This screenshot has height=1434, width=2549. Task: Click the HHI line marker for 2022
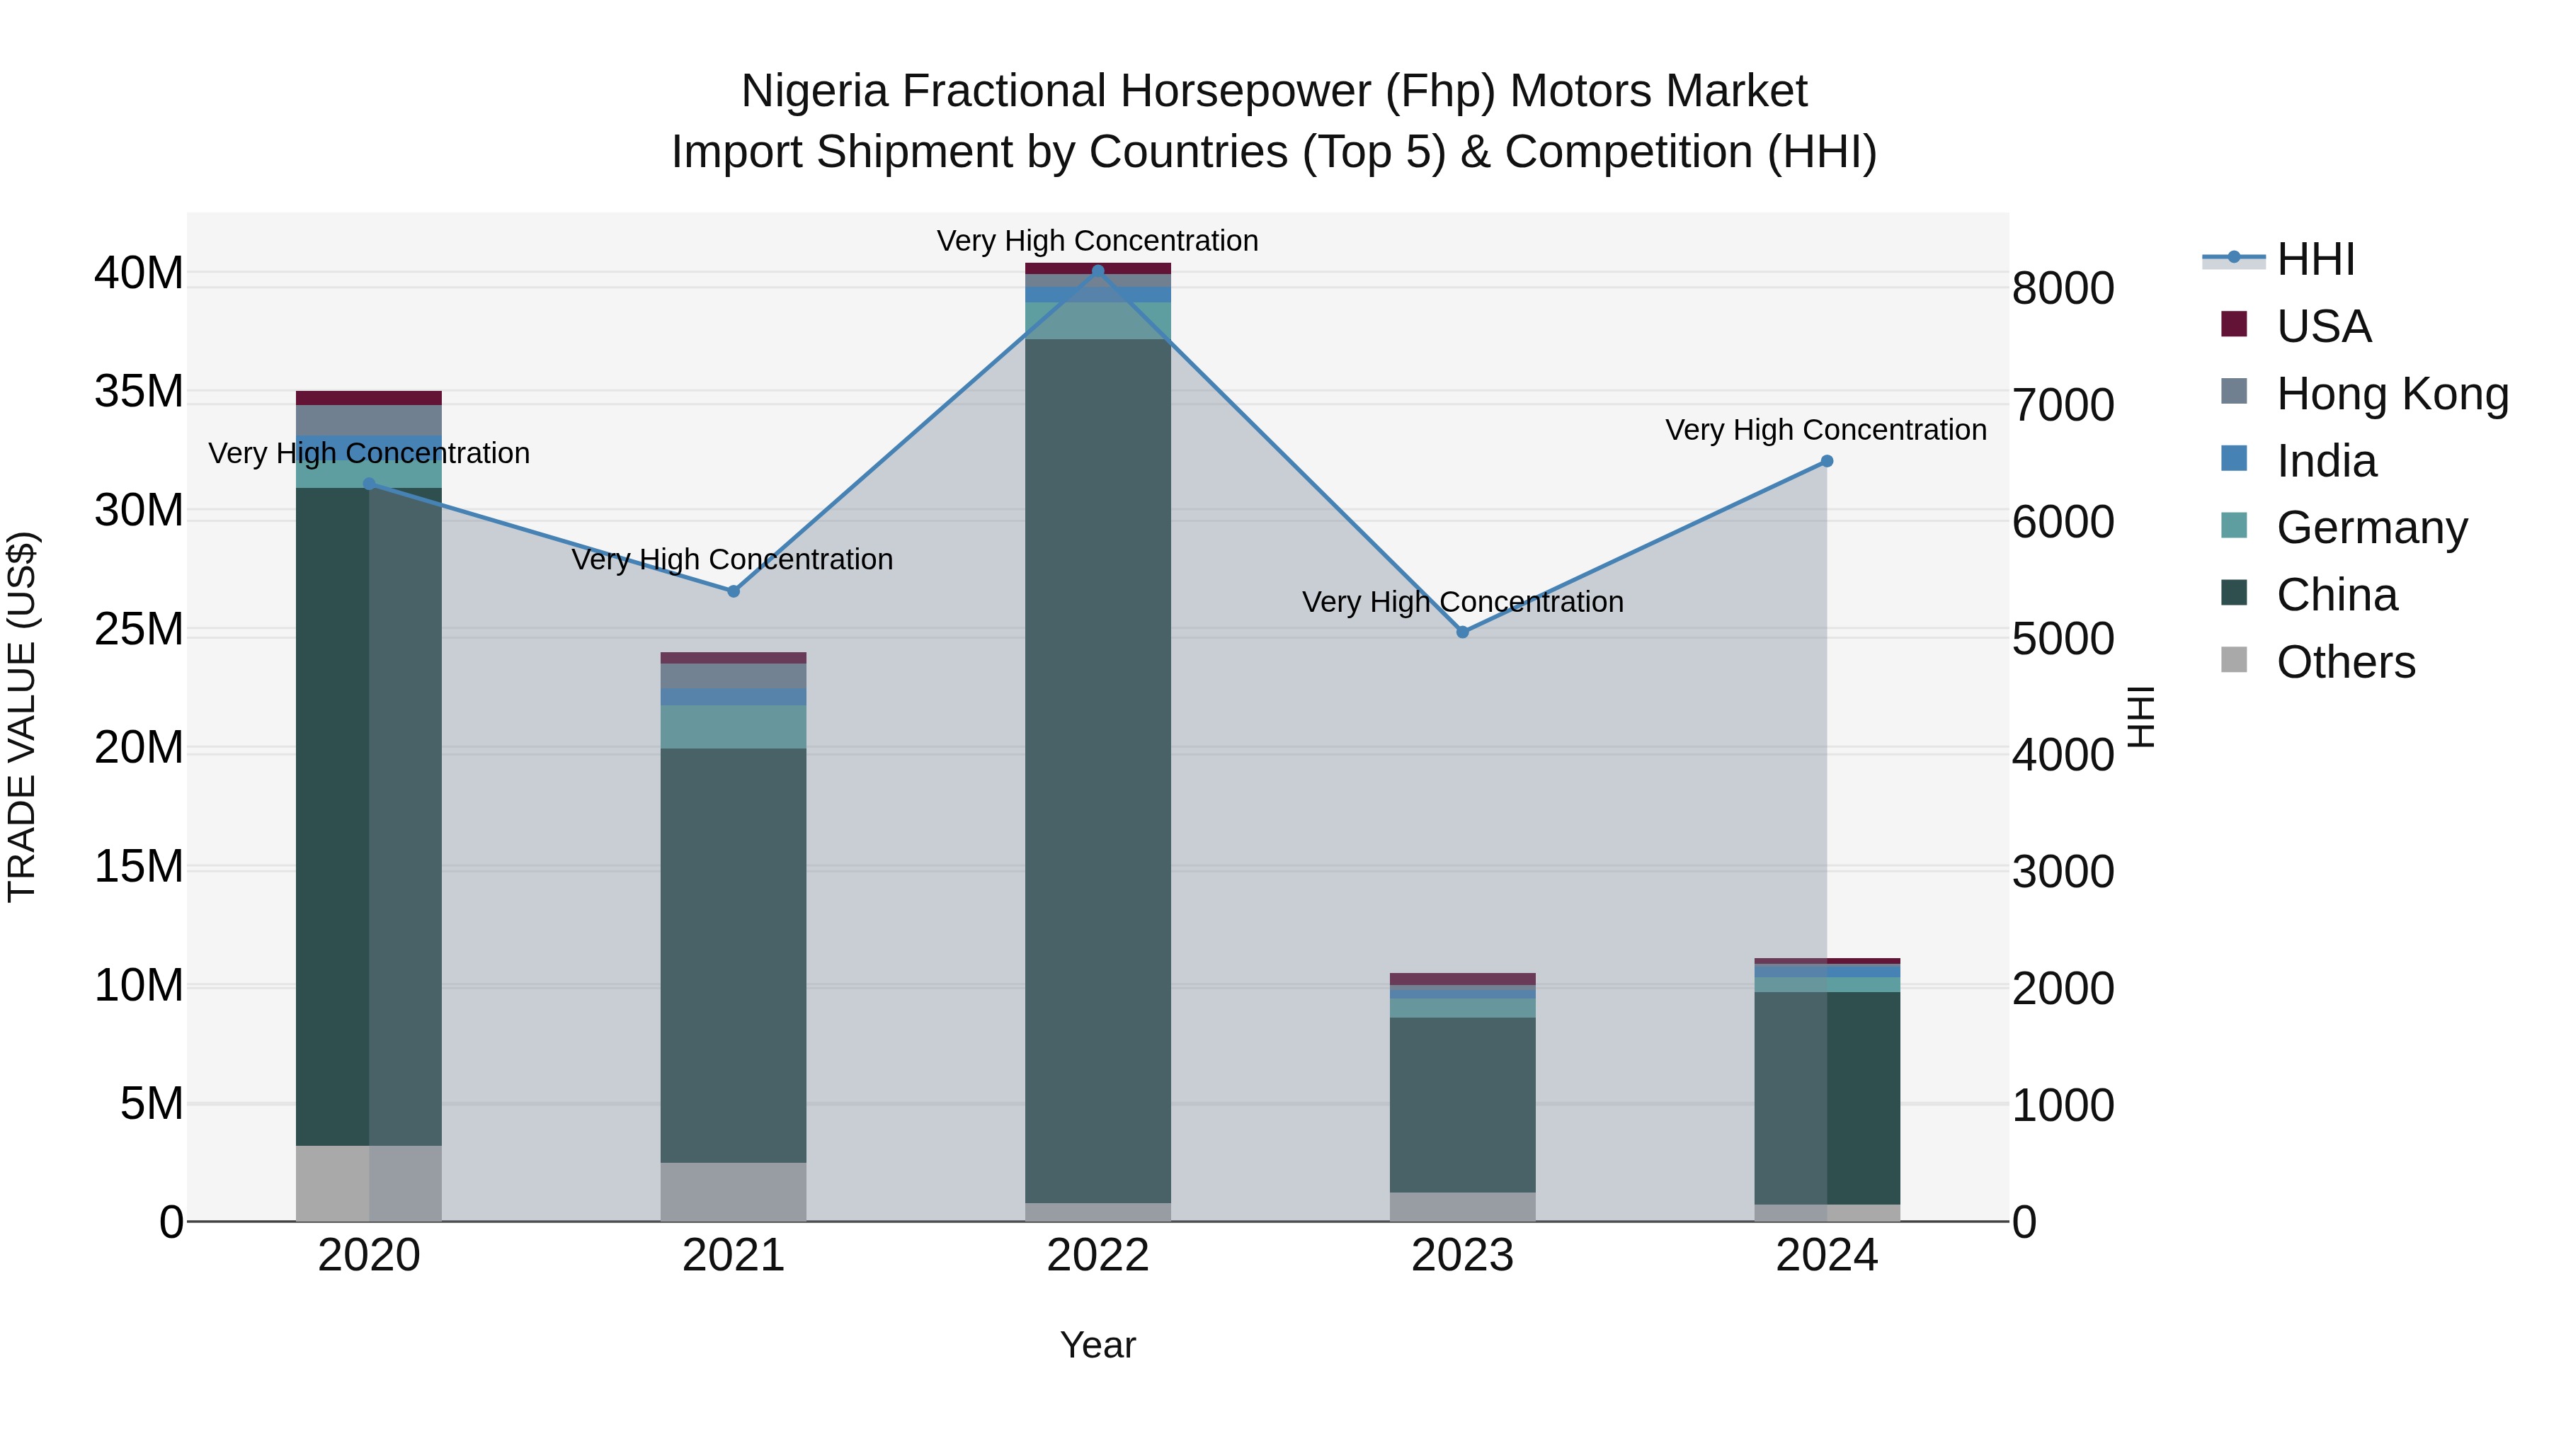coord(1097,271)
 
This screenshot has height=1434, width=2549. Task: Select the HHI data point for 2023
coord(1463,632)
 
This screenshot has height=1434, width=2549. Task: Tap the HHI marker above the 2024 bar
coord(1827,461)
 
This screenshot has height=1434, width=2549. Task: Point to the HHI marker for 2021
coord(734,591)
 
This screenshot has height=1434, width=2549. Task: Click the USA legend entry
coord(2322,326)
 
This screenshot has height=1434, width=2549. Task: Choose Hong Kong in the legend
coord(2392,394)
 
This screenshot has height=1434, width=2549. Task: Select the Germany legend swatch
coord(2235,525)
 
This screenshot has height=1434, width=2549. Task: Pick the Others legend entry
coord(2345,662)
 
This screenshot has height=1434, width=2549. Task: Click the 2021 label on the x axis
coord(734,1256)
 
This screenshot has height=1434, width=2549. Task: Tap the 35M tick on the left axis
coord(139,392)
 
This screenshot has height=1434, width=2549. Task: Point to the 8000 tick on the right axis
coord(2063,289)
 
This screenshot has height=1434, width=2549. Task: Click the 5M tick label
coord(152,1103)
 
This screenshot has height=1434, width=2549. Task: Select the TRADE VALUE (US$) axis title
coord(22,717)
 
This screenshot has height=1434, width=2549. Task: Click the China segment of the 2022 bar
coord(1097,772)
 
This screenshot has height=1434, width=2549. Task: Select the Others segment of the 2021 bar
coord(734,1192)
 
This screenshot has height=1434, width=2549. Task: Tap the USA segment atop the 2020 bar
coord(368,398)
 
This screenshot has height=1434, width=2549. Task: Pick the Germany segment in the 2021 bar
coord(734,727)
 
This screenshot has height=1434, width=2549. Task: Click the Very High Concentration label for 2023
coord(1463,602)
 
